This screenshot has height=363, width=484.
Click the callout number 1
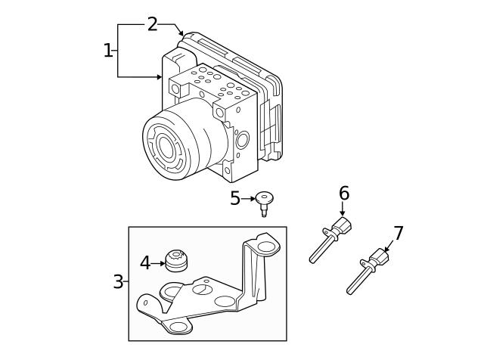coord(107,51)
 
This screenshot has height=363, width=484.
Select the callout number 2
coord(152,24)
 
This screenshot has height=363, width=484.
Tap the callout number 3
coord(118,282)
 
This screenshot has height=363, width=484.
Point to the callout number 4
coord(145,263)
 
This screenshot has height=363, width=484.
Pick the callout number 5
coord(235,199)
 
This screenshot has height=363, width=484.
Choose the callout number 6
coord(344,194)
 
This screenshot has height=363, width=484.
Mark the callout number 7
coord(399,234)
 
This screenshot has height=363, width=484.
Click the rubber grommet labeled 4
coord(176,261)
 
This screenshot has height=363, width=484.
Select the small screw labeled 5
coord(264,202)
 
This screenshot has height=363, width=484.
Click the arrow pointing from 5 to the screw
coord(249,199)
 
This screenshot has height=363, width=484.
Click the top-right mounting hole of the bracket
coord(265,247)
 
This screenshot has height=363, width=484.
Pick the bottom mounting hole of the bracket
coord(179,327)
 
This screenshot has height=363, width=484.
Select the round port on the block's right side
coord(242,140)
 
